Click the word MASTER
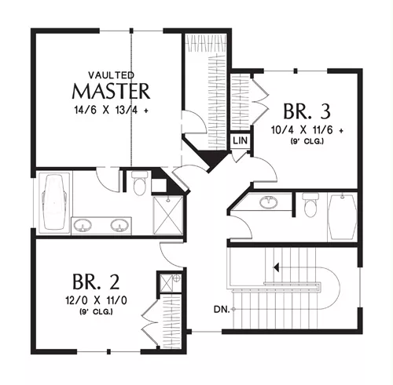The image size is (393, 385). click(111, 91)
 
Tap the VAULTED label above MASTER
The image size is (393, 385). click(112, 75)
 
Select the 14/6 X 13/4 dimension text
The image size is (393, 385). click(112, 110)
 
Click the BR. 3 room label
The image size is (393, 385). click(307, 111)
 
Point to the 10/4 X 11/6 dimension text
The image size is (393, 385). click(307, 130)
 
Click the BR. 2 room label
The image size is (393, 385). click(96, 281)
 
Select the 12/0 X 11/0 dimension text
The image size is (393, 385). click(96, 300)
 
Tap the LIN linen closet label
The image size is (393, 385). click(240, 140)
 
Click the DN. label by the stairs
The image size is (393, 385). click(222, 310)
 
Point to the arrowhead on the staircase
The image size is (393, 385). click(276, 267)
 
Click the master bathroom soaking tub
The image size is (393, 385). click(55, 202)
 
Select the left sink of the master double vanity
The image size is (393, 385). click(83, 226)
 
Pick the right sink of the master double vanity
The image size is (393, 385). click(119, 226)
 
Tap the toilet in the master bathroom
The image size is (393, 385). click(139, 183)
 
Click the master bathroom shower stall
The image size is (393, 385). click(168, 215)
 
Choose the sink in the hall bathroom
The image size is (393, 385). click(269, 202)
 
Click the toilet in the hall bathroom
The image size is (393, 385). click(310, 205)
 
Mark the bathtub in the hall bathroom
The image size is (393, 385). click(343, 216)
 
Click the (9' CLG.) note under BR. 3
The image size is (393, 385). click(307, 141)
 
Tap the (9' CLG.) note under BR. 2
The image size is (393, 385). click(96, 312)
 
